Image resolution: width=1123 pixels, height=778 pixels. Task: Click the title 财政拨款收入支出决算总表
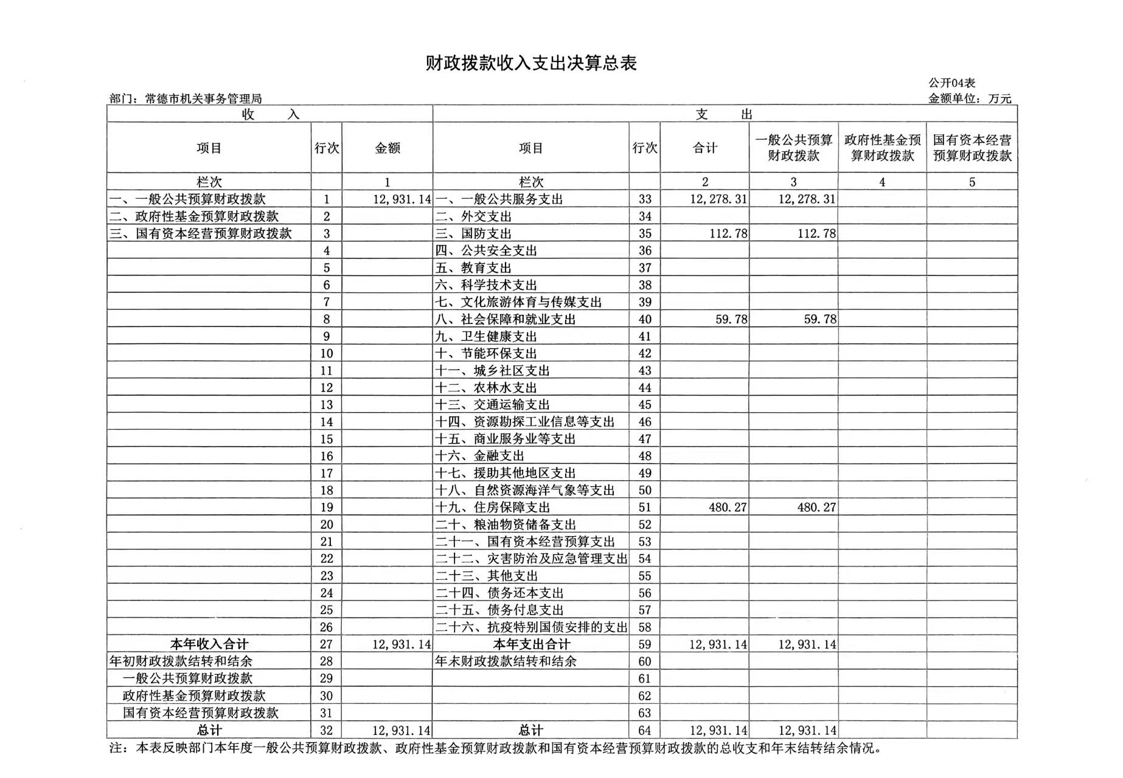(530, 64)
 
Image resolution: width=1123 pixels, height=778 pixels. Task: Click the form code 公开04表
(951, 83)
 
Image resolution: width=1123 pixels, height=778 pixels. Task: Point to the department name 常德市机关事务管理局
(203, 98)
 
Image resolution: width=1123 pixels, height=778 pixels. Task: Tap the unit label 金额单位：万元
(969, 98)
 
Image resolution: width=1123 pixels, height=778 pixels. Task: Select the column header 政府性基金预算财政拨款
(882, 148)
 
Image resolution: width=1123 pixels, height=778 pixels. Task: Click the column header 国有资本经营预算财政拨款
(972, 148)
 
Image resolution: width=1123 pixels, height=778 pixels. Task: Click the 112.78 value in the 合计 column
(728, 233)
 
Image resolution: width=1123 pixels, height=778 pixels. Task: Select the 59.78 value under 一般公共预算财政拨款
(819, 319)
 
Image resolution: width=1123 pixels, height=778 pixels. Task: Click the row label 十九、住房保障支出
(493, 508)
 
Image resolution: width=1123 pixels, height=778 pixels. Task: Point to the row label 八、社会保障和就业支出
(506, 319)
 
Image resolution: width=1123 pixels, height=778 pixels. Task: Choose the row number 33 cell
(645, 199)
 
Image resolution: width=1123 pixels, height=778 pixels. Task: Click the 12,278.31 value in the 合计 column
(718, 199)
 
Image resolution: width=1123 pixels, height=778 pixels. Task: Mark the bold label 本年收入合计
(209, 644)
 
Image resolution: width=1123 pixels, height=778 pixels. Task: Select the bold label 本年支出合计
(531, 644)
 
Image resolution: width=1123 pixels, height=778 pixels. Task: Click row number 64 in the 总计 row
(645, 731)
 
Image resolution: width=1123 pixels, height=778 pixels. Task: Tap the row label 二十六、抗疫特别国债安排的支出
(531, 627)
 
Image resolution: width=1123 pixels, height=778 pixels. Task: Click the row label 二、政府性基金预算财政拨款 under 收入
(194, 216)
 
